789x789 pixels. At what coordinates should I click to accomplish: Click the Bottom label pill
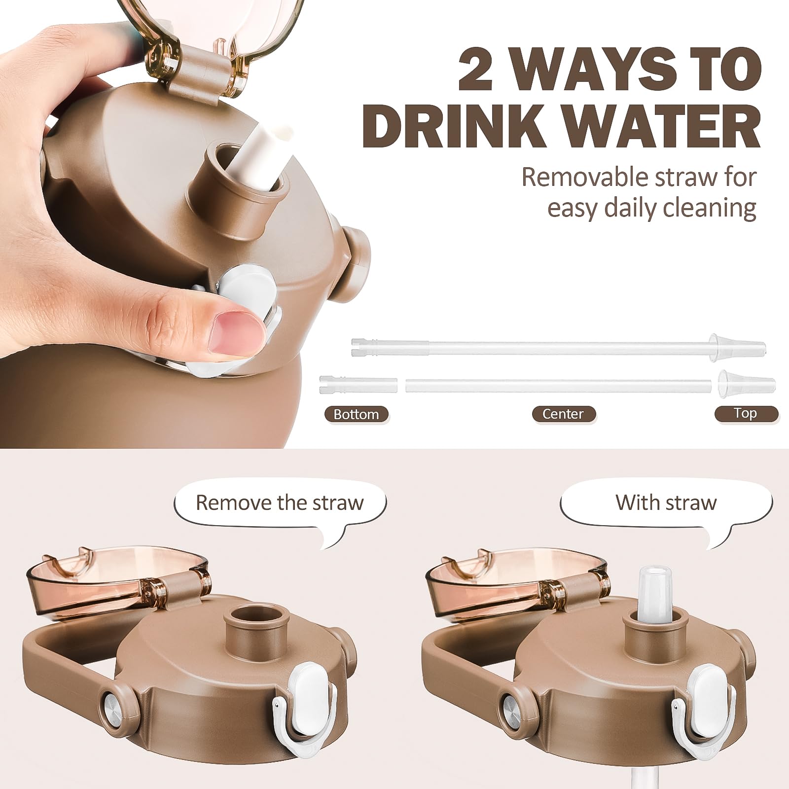click(356, 414)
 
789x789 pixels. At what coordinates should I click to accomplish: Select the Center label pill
click(563, 414)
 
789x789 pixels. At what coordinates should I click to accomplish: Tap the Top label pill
click(746, 413)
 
